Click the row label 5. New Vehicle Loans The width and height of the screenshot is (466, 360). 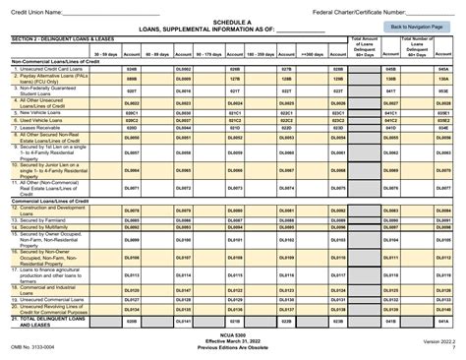[x=38, y=111]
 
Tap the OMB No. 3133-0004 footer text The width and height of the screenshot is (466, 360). [x=34, y=347]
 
